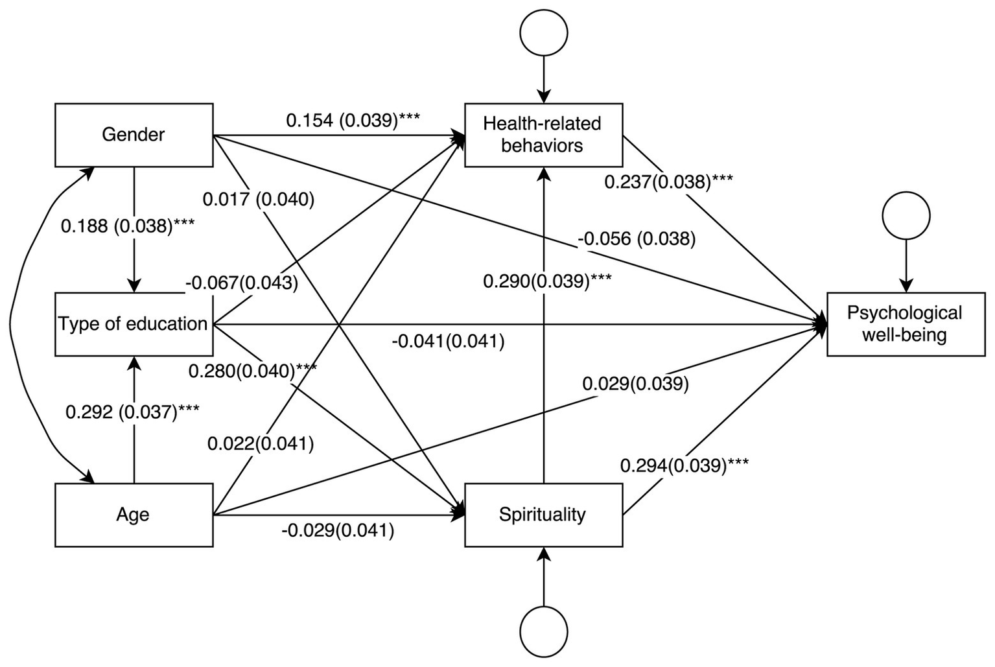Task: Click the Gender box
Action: pyautogui.click(x=134, y=135)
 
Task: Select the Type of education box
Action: pyautogui.click(x=134, y=324)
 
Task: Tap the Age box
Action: pyautogui.click(x=134, y=515)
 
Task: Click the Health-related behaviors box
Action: pyautogui.click(x=543, y=135)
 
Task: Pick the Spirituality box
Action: pyautogui.click(x=543, y=515)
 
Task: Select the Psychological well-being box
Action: pyautogui.click(x=906, y=324)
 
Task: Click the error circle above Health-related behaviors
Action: pyautogui.click(x=544, y=32)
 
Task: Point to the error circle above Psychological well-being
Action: pyautogui.click(x=906, y=216)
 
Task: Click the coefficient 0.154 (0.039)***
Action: pyautogui.click(x=353, y=121)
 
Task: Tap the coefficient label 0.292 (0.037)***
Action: pyautogui.click(x=132, y=412)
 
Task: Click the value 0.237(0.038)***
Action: pyautogui.click(x=668, y=182)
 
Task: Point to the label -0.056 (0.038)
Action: pyautogui.click(x=637, y=239)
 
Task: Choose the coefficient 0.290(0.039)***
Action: pyautogui.click(x=547, y=281)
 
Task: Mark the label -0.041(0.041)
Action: pyautogui.click(x=448, y=341)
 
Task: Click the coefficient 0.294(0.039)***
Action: pyautogui.click(x=685, y=465)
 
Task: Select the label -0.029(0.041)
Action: pyautogui.click(x=338, y=531)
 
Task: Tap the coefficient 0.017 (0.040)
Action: pyautogui.click(x=259, y=200)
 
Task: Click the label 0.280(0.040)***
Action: pyautogui.click(x=253, y=371)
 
